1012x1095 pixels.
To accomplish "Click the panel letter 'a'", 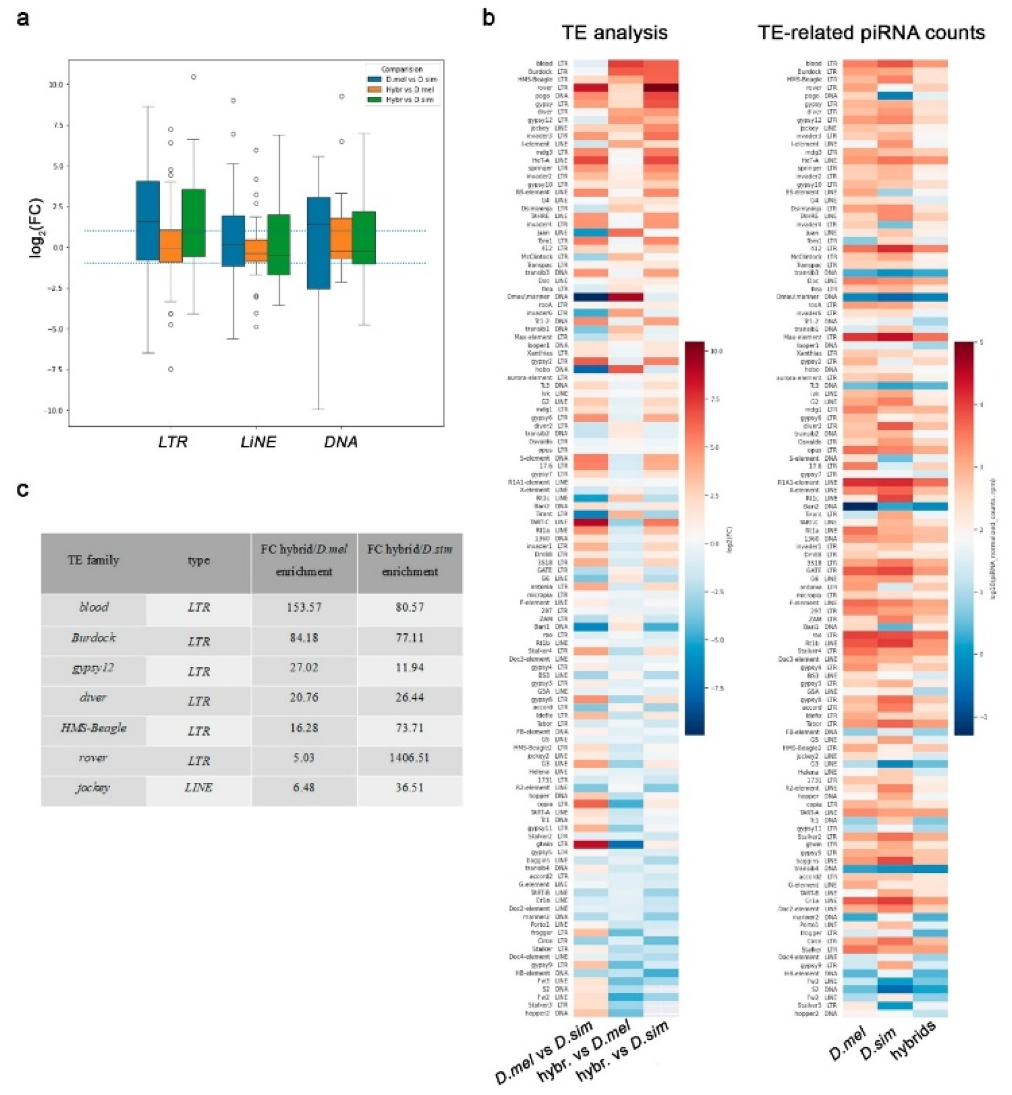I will point(23,19).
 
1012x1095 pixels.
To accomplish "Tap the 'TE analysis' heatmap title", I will point(615,32).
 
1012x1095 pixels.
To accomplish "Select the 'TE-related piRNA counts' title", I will point(871,32).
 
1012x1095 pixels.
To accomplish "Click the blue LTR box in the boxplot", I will point(148,221).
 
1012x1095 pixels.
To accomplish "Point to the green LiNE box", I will point(278,244).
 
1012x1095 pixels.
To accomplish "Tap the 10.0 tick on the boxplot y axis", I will point(55,85).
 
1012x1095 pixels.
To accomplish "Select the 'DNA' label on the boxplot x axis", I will point(340,442).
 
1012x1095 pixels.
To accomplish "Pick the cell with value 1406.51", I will point(409,758).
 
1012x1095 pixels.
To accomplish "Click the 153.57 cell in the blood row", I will point(304,607).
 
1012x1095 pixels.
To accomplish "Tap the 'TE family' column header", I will point(93,560).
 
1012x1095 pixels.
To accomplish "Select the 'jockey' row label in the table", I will point(94,788).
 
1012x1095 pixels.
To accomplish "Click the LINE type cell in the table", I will point(198,788).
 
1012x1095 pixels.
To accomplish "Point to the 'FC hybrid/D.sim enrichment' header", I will point(409,560).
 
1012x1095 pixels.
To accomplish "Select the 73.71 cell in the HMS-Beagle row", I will point(409,728).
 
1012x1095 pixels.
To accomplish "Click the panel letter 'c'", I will point(23,490).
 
